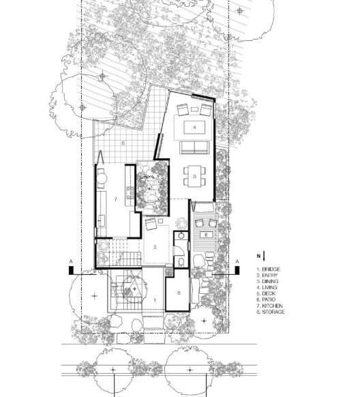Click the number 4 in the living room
(x=194, y=128)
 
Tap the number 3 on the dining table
(x=194, y=177)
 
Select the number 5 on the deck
(x=123, y=143)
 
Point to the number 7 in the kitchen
(x=116, y=199)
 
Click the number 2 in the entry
(x=155, y=247)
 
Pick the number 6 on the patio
(x=206, y=235)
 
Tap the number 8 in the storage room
(x=179, y=293)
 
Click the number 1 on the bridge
(x=155, y=301)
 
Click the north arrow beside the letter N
(x=264, y=256)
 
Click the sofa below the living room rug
(x=194, y=147)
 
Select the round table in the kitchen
(x=102, y=178)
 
